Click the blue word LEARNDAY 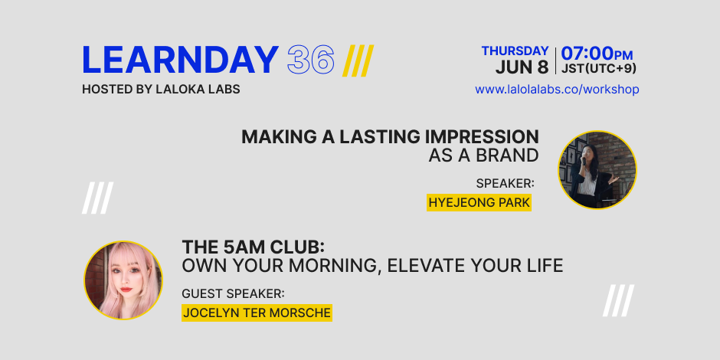(180, 61)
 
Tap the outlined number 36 (311, 61)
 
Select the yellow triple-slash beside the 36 (358, 61)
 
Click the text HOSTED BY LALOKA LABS (161, 90)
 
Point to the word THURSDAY (515, 51)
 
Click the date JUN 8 (522, 67)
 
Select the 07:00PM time (597, 54)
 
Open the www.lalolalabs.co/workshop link (557, 90)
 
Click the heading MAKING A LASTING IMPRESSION (390, 137)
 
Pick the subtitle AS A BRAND (483, 156)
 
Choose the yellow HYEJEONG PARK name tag (479, 202)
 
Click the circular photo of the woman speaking (597, 170)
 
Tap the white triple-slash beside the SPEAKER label (98, 198)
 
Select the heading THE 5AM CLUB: (254, 247)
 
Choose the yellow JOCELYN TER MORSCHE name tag (257, 313)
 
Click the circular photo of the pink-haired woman (123, 280)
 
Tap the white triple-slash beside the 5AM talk (619, 301)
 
